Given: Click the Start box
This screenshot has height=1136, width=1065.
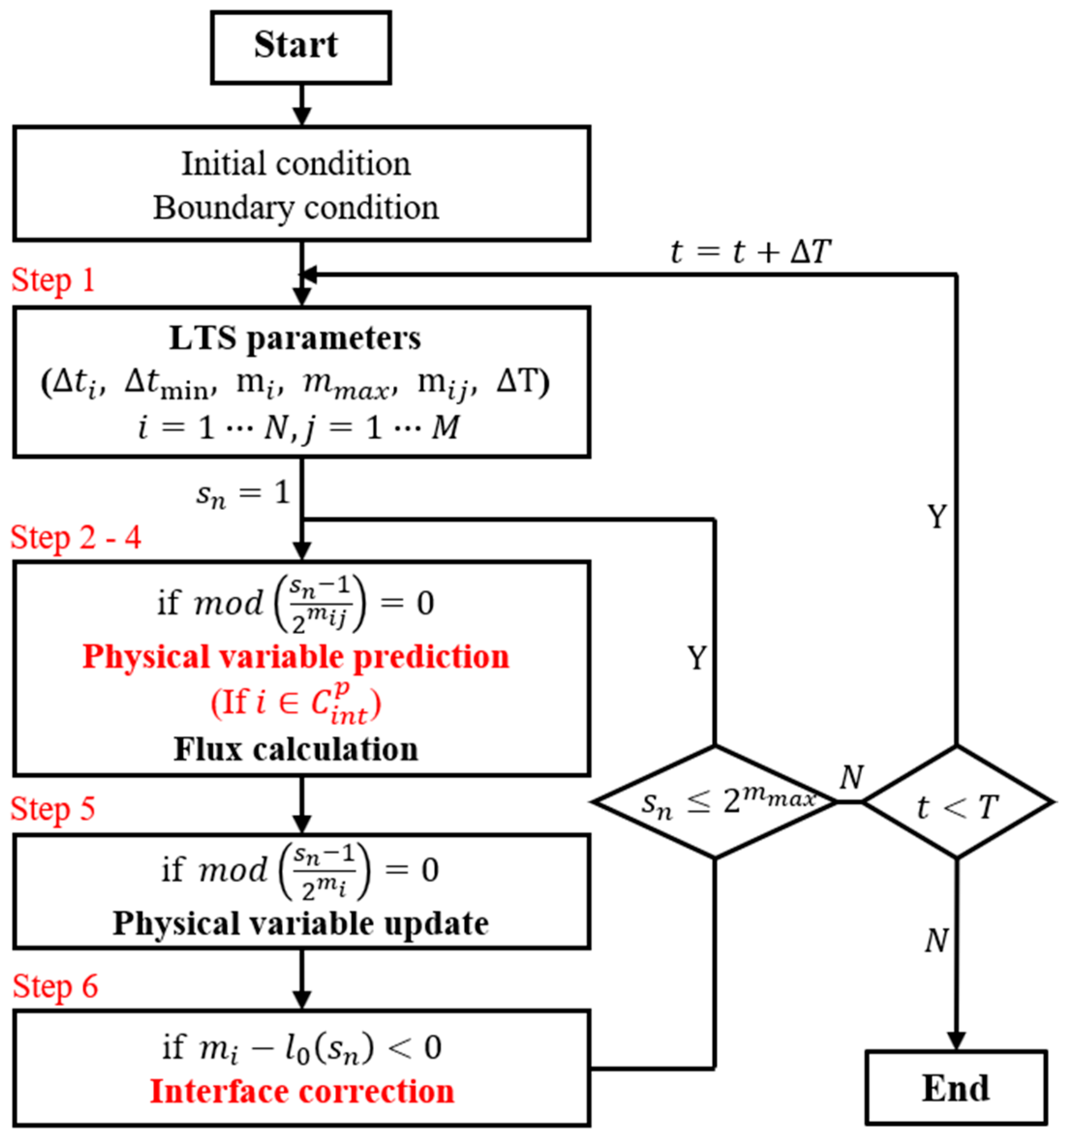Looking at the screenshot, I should (300, 47).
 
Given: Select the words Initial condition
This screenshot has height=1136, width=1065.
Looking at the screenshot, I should (296, 164).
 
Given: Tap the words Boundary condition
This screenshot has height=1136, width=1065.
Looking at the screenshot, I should (296, 208).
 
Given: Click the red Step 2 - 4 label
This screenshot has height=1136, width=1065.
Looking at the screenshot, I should (75, 538).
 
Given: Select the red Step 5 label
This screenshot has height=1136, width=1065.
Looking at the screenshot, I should (53, 809).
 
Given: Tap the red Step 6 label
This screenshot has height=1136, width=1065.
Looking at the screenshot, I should (55, 986).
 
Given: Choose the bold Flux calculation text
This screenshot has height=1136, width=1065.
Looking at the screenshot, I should (296, 749).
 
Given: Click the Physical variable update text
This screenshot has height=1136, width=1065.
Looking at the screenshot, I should (300, 923).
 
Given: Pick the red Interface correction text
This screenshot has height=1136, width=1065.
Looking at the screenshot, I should (301, 1091).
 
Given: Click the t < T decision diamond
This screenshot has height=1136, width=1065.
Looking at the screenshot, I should (957, 802).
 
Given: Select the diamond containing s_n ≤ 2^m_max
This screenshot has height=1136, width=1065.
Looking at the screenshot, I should (714, 802).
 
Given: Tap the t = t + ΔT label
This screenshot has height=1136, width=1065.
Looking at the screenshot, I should (750, 251).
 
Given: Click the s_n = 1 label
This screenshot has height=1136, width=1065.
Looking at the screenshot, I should (243, 494).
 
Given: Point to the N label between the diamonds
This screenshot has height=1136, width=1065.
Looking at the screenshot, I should (851, 777).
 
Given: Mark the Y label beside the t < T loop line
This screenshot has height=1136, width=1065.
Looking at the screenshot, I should (937, 516).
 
